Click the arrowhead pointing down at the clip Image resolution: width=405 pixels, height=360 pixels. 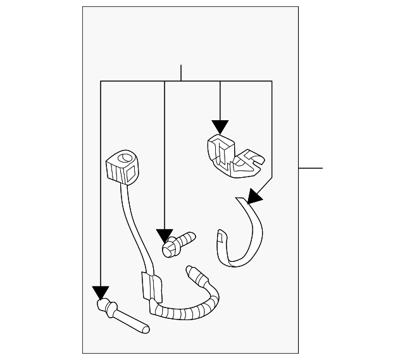click(x=220, y=127)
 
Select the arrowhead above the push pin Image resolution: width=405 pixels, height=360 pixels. click(x=101, y=292)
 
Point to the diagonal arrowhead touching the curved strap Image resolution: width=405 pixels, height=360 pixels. click(x=253, y=197)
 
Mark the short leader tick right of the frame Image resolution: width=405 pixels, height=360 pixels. click(x=310, y=168)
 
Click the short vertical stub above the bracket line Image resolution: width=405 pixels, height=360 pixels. click(x=181, y=73)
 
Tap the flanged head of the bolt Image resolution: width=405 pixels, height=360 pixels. click(x=170, y=249)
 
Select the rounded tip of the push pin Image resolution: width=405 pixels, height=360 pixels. click(x=146, y=328)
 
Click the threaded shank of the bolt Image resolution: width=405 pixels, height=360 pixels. click(x=187, y=239)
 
